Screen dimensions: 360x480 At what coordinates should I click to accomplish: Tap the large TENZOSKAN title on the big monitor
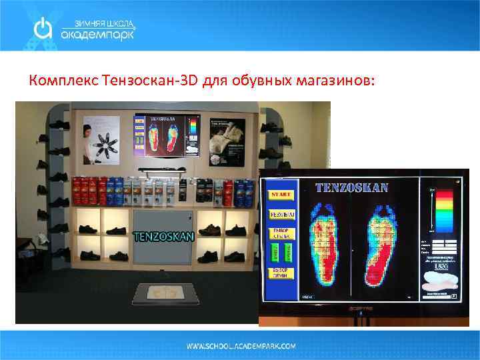pos(352,187)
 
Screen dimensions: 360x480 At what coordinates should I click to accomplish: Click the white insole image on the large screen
pos(439,283)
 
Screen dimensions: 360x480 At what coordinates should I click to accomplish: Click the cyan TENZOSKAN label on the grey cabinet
pos(164,235)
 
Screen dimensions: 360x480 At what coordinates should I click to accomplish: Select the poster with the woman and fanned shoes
pos(101,140)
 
